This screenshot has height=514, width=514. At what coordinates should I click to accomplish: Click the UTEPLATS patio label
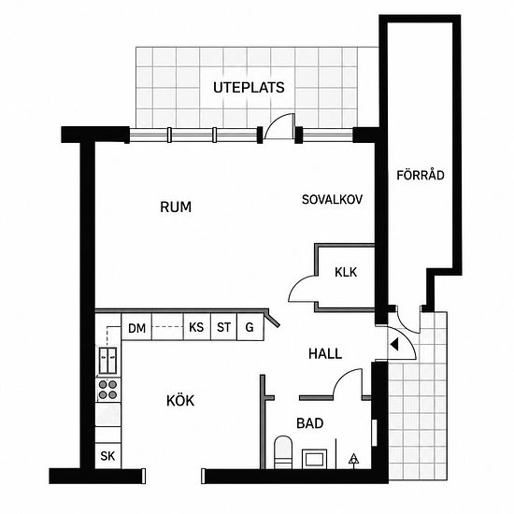(249, 88)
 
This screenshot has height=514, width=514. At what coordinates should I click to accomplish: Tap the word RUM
(176, 207)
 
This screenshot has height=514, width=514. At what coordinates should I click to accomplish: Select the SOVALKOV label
(332, 200)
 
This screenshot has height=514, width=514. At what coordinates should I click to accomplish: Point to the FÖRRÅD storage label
(421, 175)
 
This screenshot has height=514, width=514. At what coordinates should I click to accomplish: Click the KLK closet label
(346, 272)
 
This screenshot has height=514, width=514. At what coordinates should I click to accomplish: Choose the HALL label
(325, 353)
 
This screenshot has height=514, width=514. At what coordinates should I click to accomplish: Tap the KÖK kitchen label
(180, 401)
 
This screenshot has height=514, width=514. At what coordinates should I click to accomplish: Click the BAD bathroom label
(309, 423)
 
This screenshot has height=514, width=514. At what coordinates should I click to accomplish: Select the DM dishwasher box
(136, 327)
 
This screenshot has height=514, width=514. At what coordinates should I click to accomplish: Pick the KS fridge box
(196, 327)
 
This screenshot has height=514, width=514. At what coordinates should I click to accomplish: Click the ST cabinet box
(223, 327)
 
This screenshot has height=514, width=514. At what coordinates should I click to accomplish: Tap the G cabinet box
(250, 327)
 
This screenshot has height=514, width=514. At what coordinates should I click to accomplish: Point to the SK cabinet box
(107, 456)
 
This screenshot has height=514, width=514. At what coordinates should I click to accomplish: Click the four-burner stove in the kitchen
(107, 390)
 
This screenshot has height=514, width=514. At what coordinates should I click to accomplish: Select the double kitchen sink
(107, 360)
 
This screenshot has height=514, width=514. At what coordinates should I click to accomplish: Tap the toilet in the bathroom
(283, 452)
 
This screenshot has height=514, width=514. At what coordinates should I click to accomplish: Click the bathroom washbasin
(314, 459)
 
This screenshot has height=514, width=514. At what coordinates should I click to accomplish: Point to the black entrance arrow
(394, 344)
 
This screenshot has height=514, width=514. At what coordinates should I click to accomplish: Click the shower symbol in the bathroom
(353, 459)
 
